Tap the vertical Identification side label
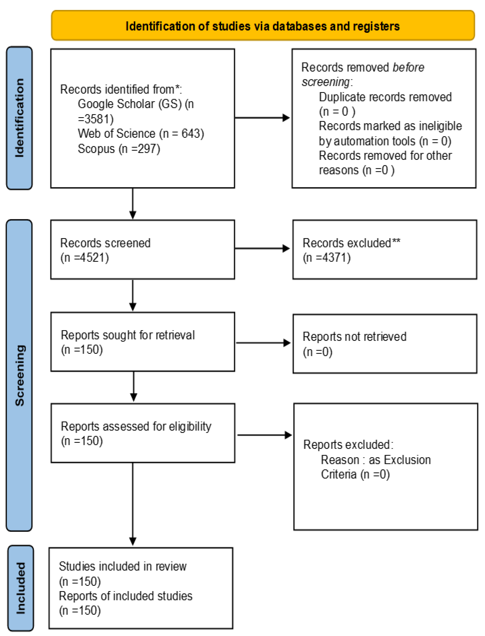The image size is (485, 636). coord(19,118)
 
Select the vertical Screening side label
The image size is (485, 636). coord(19,375)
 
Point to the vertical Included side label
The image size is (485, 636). coord(20,588)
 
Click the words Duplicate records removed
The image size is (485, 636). coord(385,97)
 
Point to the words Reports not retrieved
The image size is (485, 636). coord(354,336)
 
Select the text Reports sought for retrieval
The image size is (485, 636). coord(128,335)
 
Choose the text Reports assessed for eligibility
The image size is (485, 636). coord(136,426)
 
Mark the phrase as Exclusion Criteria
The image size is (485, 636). coord(375,467)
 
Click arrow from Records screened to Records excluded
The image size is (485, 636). coord(262,248)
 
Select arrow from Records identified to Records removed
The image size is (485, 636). coord(262,118)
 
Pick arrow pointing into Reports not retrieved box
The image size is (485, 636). coord(263,343)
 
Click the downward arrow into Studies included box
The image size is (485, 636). coord(133,505)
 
